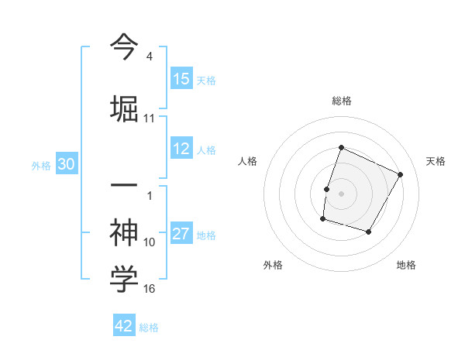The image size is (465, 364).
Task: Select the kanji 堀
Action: [124, 106]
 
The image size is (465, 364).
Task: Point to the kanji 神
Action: [124, 231]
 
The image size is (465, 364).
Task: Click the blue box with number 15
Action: [181, 79]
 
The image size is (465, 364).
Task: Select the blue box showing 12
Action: [181, 149]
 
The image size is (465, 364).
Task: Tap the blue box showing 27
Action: [181, 235]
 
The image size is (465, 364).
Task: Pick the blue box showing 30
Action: [66, 164]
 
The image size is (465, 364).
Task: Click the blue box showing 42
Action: [124, 326]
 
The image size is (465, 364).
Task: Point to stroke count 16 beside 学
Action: [150, 289]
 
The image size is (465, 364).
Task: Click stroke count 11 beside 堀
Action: [150, 118]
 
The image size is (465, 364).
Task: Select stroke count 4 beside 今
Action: [149, 57]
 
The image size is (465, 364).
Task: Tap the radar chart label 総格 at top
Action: [341, 101]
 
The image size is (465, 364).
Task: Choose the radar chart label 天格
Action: [436, 161]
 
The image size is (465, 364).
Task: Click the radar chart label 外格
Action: [273, 265]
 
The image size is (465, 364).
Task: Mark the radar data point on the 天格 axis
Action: [400, 174]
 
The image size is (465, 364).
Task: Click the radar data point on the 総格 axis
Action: [341, 148]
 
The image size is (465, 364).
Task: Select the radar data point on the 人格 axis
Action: [326, 189]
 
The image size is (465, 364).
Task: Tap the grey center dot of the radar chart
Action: [341, 194]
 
